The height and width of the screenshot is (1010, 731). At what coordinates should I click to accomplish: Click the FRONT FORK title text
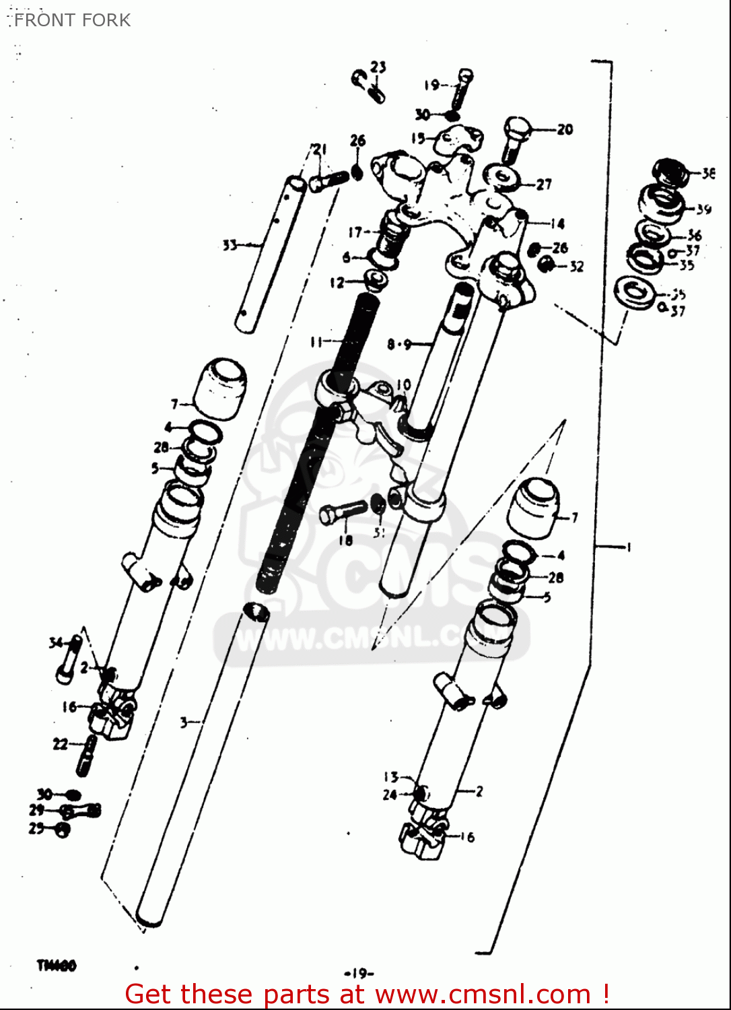click(72, 20)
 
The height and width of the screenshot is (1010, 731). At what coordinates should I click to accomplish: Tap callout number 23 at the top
click(378, 67)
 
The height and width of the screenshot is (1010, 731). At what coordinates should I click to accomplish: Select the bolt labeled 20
click(515, 138)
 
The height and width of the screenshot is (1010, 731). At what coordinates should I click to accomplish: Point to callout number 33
click(230, 245)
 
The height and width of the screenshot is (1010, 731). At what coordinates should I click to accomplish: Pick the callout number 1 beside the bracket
click(629, 547)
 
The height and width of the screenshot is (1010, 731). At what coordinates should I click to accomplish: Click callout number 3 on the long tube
click(184, 722)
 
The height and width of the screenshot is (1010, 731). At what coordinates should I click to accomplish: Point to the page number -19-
click(359, 973)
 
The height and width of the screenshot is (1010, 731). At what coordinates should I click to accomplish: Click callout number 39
click(703, 209)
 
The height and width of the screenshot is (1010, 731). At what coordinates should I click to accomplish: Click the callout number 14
click(557, 224)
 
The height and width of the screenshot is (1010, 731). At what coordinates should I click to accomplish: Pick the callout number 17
click(355, 232)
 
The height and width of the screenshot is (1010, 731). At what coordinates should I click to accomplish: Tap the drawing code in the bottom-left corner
click(57, 966)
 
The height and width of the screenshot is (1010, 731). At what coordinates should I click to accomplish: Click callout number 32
click(576, 267)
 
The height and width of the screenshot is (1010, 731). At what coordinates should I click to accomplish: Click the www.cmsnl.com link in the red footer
click(482, 994)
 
